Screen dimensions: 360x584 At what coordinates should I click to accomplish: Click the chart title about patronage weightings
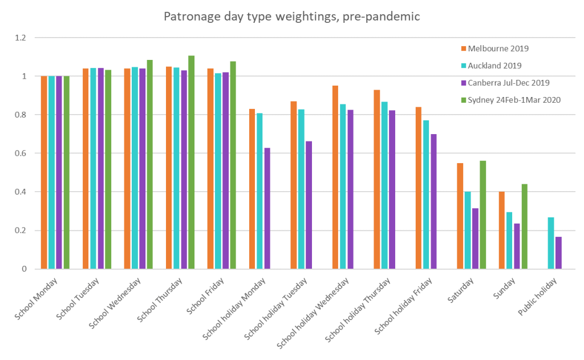click(x=291, y=17)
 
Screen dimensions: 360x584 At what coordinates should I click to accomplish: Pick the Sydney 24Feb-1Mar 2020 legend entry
click(x=514, y=100)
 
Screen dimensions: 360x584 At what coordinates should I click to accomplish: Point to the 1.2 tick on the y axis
click(x=21, y=38)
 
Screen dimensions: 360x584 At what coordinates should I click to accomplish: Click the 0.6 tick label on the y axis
click(x=21, y=153)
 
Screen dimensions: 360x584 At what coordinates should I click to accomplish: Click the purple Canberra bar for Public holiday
click(x=558, y=253)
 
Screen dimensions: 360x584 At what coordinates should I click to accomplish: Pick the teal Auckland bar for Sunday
click(x=509, y=240)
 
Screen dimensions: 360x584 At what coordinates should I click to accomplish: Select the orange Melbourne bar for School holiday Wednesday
click(x=335, y=177)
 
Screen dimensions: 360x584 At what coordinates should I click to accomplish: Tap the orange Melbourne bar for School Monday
click(x=44, y=172)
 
